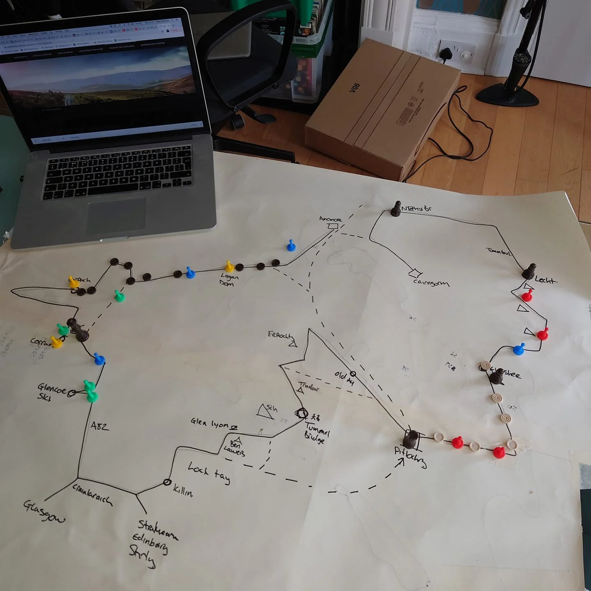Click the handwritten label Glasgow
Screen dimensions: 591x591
tap(44, 511)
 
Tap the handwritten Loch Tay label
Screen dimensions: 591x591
tap(209, 472)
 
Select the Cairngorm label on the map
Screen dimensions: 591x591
tap(431, 282)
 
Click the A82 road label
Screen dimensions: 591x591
tap(100, 426)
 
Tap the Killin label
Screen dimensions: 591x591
tap(183, 490)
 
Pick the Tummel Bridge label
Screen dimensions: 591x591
tap(316, 433)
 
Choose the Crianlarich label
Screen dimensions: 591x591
tap(92, 495)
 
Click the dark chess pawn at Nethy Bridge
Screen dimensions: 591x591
tap(396, 209)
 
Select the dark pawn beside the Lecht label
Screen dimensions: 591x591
tap(529, 271)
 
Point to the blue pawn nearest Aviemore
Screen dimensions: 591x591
tap(291, 245)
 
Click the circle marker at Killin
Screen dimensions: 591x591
tap(167, 482)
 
